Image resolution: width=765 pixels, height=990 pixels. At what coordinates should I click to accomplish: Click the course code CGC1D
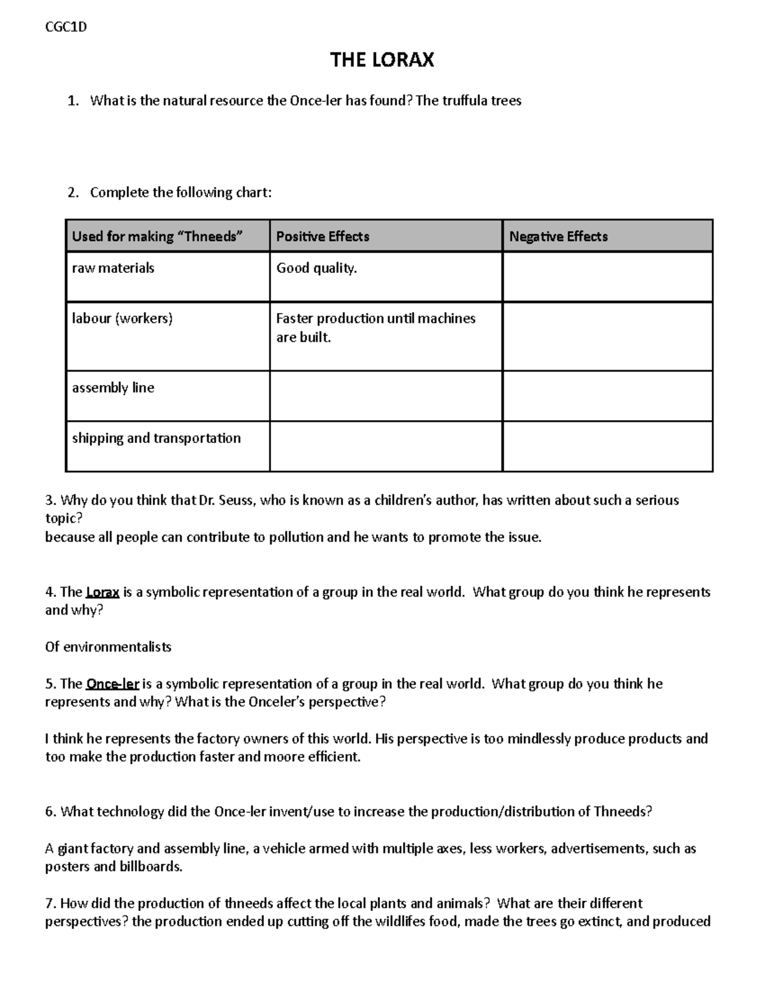pos(66,27)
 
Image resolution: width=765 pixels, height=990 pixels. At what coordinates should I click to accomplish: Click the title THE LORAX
pos(382,60)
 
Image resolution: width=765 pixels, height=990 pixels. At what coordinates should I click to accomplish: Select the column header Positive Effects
pos(323,237)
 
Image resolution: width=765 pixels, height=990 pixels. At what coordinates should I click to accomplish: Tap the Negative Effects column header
pos(558,237)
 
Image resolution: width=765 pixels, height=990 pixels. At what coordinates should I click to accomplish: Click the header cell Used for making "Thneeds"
pos(157,237)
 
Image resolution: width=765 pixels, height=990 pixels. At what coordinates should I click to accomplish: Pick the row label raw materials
pos(113,268)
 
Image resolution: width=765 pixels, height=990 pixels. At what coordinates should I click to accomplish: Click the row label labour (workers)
pos(122,319)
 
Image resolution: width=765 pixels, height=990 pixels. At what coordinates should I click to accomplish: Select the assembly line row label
pos(113,388)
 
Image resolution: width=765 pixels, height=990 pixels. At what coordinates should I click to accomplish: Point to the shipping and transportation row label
pos(156,438)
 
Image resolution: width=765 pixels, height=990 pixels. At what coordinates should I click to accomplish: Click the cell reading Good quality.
pos(316,268)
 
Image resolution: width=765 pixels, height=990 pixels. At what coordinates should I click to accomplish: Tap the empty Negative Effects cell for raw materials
pos(607,277)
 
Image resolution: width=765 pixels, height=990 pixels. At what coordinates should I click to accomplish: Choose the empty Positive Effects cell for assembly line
pos(386,396)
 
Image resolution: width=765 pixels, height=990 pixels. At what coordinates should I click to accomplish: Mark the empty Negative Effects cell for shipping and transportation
pos(607,446)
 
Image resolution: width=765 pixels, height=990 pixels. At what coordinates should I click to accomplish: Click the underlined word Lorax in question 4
pos(103,592)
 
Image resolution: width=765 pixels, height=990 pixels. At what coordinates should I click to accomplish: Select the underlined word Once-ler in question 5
pos(112,684)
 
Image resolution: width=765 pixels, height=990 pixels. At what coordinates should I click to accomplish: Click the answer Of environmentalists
pos(108,647)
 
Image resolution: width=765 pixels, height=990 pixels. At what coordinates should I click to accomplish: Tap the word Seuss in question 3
pos(237,500)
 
